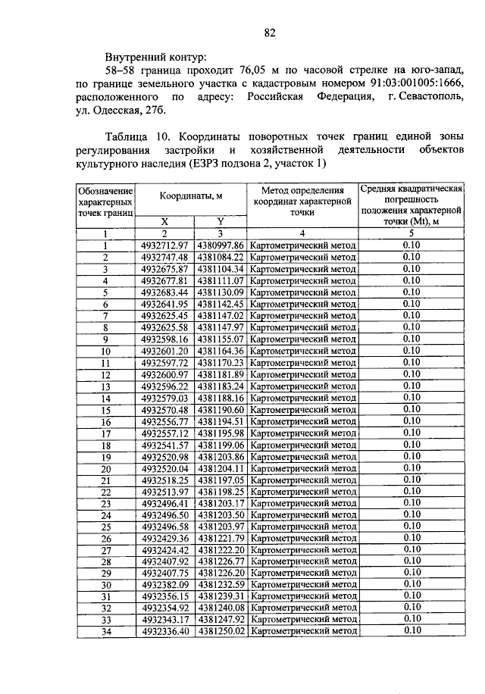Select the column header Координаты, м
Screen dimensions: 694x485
[x=190, y=196]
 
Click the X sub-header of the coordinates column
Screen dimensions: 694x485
[x=164, y=221]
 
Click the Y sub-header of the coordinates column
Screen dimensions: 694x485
[x=220, y=221]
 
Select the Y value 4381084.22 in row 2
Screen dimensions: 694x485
[x=221, y=258]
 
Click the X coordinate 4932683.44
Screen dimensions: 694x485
[x=164, y=292]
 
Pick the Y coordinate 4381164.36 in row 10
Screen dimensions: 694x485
[x=221, y=351]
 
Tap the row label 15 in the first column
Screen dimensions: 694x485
[x=106, y=410]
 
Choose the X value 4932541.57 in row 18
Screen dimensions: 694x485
[x=164, y=445]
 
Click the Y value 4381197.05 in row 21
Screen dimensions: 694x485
[x=221, y=480]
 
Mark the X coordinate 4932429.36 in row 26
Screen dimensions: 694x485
[x=164, y=538]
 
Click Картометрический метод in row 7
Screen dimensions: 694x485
[x=302, y=316]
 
